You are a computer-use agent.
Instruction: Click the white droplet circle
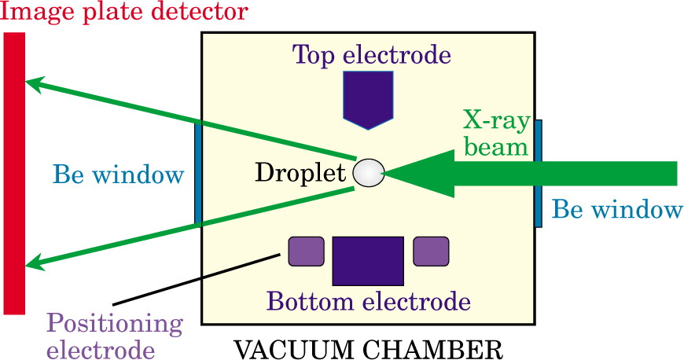click(369, 173)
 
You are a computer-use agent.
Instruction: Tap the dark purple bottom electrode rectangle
click(368, 261)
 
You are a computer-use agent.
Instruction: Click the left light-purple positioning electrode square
click(307, 252)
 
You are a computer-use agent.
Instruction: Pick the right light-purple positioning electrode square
click(431, 252)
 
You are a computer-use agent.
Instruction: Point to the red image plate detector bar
click(14, 173)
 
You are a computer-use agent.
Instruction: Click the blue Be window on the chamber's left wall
click(198, 173)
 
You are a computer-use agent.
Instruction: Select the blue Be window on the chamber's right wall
click(539, 173)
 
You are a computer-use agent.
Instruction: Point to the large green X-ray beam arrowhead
click(420, 173)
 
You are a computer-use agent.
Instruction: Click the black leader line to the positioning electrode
click(196, 279)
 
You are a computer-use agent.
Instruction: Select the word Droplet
click(300, 173)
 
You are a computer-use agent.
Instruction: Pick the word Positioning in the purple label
click(115, 325)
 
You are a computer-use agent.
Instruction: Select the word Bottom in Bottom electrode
click(310, 301)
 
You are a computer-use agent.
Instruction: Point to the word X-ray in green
click(496, 120)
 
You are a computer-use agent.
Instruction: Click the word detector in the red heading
click(200, 11)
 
